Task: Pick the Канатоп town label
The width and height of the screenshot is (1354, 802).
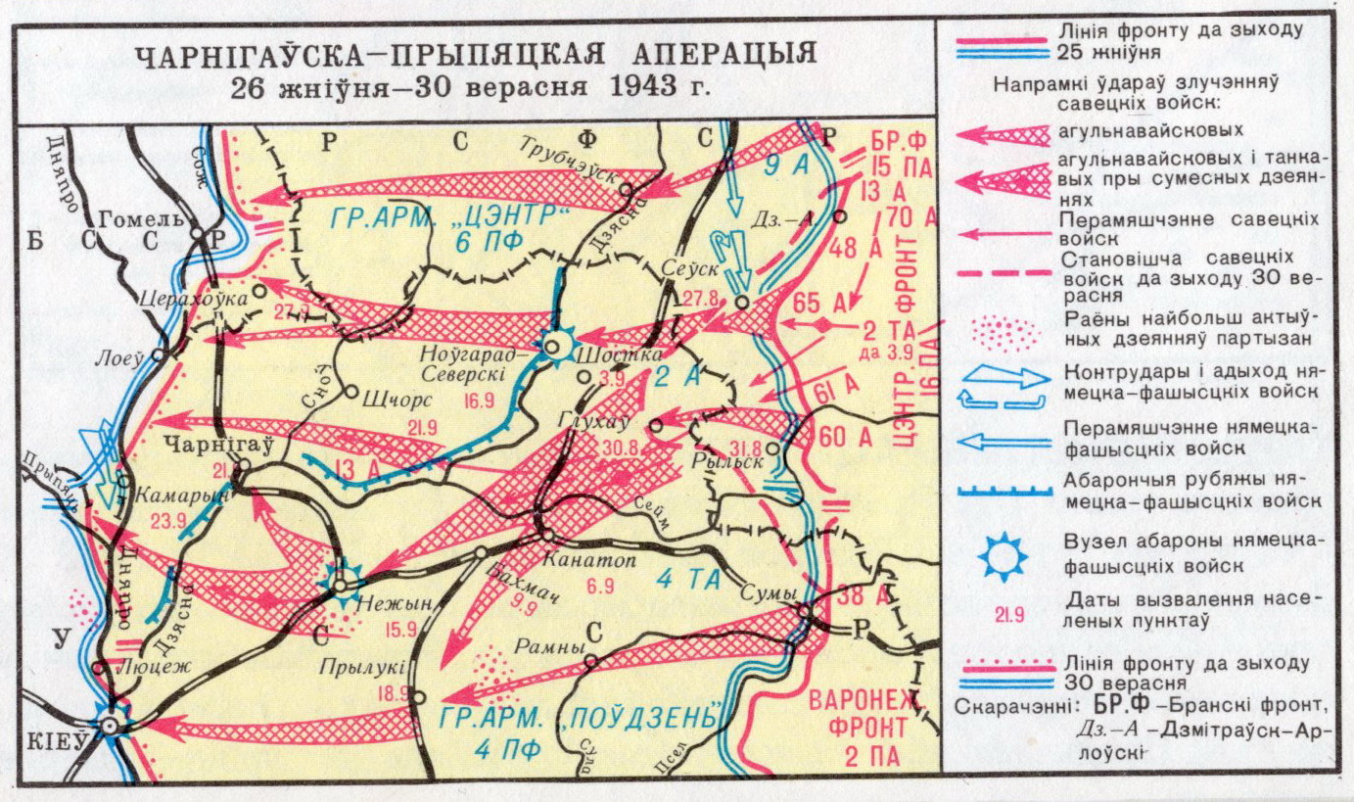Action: pos(586,561)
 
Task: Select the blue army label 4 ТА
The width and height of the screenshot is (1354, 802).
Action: pos(689,580)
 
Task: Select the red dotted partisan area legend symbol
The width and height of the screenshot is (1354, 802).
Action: pos(1005,332)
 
